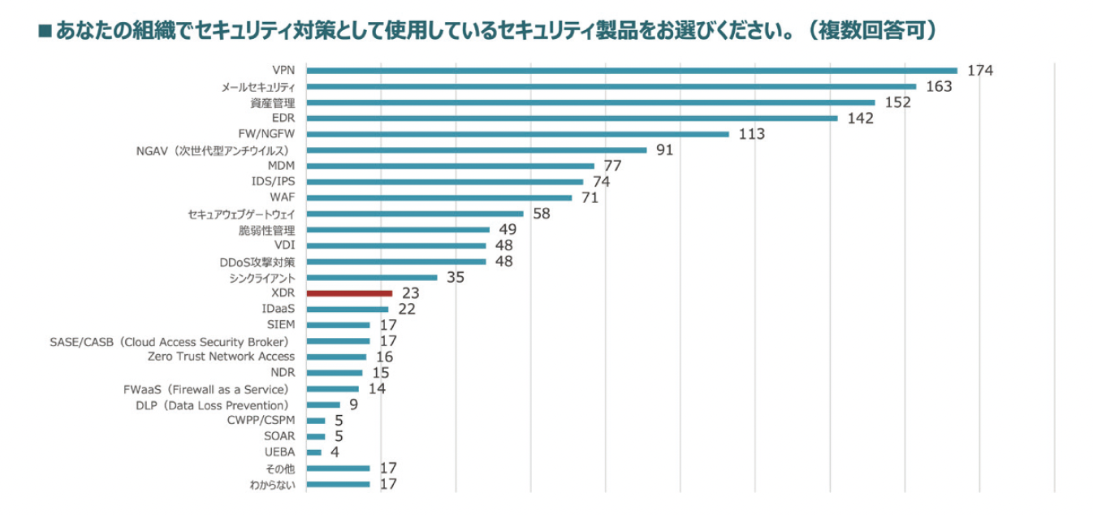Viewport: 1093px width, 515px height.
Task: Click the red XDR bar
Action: click(x=349, y=293)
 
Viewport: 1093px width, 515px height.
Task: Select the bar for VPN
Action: click(x=632, y=71)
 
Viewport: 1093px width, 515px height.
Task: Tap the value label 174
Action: click(x=980, y=71)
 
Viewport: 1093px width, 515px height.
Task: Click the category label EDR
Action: click(x=283, y=119)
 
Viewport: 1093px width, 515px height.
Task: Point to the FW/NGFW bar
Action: click(x=517, y=134)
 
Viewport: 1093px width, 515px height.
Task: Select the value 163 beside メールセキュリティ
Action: click(x=939, y=86)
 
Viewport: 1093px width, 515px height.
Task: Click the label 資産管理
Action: click(x=273, y=103)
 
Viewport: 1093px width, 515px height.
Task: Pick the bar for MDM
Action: click(x=450, y=166)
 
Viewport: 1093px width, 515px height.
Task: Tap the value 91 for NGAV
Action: click(x=665, y=149)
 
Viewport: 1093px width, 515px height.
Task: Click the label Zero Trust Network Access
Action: click(x=222, y=357)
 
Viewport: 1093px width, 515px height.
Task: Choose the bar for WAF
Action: click(x=438, y=197)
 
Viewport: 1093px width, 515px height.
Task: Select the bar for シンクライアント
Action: click(x=371, y=277)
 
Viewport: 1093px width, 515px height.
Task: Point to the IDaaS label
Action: click(x=279, y=309)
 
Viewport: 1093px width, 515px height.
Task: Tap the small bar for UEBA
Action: click(x=313, y=452)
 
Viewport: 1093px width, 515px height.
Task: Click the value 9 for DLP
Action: click(x=353, y=404)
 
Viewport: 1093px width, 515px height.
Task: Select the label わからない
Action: click(x=272, y=485)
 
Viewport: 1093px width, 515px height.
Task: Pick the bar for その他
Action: click(x=338, y=468)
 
